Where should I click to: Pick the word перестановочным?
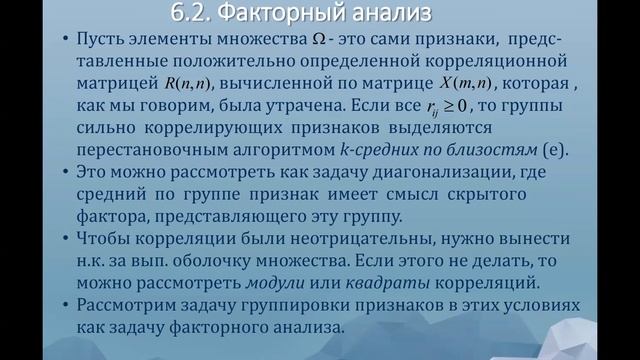[142, 151]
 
